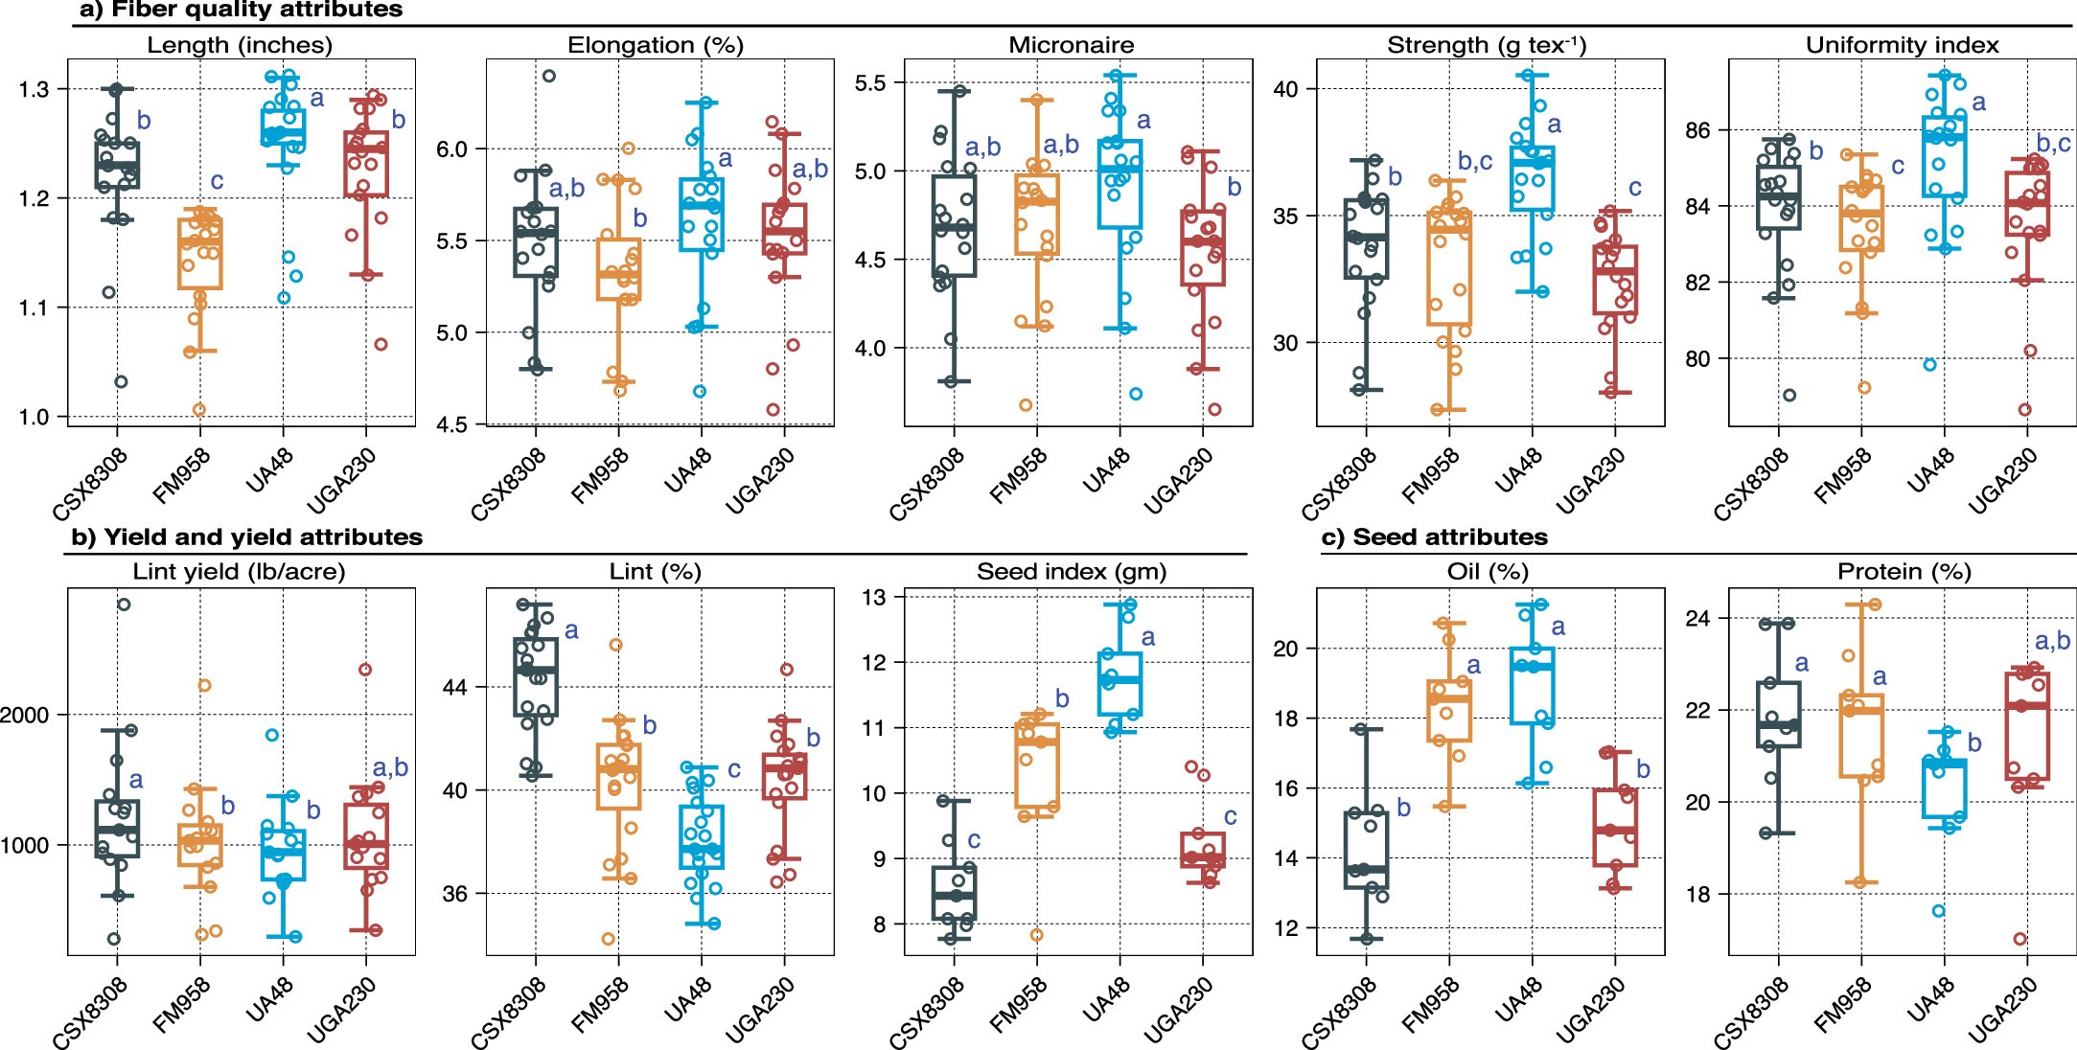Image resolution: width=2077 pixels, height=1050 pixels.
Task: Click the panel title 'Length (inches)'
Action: coord(240,45)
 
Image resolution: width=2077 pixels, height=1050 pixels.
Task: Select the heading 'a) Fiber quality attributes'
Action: coord(241,11)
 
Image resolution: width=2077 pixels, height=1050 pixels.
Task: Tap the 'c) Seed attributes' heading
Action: coord(1434,537)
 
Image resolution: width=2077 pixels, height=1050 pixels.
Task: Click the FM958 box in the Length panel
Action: coord(200,253)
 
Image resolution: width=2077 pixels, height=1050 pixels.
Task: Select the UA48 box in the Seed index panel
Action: coord(1119,684)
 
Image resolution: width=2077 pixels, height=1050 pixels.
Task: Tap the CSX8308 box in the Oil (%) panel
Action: coord(1367,849)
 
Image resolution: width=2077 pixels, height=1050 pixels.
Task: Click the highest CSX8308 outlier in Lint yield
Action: coord(124,605)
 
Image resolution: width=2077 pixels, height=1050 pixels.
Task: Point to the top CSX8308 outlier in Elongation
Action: coord(549,76)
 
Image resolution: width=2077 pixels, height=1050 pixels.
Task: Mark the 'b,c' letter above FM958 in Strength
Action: coord(1475,161)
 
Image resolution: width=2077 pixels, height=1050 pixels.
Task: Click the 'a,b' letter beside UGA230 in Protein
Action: coord(2052,641)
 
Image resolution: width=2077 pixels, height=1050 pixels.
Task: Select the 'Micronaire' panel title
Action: coord(1071,45)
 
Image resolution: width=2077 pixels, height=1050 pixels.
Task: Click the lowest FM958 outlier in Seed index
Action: coord(1036,935)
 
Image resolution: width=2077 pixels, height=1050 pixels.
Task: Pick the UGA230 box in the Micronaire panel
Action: coord(1202,247)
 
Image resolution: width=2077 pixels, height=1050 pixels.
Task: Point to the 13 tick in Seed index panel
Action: coord(873,598)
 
